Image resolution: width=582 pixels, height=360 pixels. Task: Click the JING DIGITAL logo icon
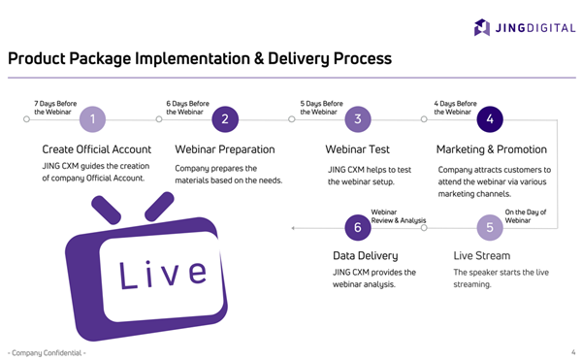click(482, 27)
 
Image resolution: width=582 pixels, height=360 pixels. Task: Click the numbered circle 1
click(92, 119)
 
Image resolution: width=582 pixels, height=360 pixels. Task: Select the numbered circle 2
click(225, 119)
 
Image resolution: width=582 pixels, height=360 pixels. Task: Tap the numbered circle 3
click(358, 119)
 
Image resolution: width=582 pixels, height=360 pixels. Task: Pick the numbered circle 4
click(490, 119)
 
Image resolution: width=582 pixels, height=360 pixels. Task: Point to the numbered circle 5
click(490, 228)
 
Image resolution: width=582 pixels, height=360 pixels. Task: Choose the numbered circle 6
click(358, 228)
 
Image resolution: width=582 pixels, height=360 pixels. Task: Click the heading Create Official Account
click(96, 149)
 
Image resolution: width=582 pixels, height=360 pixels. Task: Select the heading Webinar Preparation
click(224, 149)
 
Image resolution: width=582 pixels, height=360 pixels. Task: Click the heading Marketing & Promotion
click(492, 149)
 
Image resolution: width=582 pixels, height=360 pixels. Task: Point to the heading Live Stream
click(483, 256)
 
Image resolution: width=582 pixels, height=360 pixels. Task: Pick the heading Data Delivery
click(366, 256)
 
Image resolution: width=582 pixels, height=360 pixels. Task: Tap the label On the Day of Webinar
click(526, 215)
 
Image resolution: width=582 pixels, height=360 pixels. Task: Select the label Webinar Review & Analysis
click(399, 215)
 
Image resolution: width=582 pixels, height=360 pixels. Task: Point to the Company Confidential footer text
click(46, 351)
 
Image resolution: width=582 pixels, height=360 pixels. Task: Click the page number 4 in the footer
click(572, 351)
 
